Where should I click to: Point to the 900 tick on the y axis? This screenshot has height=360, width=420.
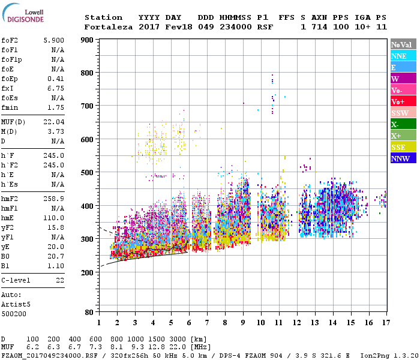coord(86,40)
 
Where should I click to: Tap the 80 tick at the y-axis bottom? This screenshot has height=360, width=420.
coord(89,313)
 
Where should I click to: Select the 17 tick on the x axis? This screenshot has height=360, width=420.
coord(385,323)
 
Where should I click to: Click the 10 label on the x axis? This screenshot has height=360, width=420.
coord(261,323)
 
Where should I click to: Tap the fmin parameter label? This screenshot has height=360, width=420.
coord(10,107)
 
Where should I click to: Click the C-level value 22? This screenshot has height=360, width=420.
coord(60,280)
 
